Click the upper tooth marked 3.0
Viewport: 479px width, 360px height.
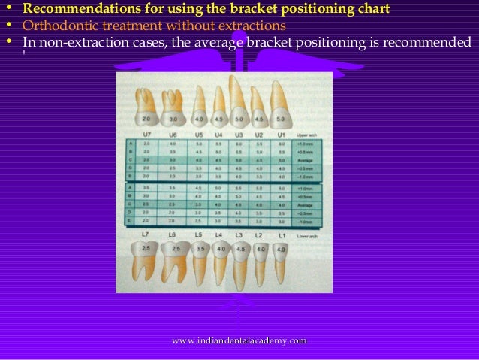point(173,109)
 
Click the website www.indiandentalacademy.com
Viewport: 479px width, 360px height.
point(239,342)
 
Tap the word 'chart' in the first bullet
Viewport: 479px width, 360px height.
point(372,10)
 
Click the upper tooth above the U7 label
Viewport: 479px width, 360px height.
point(146,109)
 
